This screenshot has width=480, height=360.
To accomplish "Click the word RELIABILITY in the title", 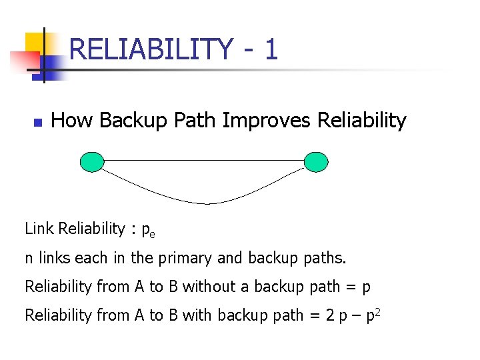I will click(151, 49).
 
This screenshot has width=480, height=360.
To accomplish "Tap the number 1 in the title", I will click(270, 49).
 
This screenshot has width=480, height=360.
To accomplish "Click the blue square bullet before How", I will click(37, 123).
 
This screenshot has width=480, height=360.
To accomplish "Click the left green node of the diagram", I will click(92, 161).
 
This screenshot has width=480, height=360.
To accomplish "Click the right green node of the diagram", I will click(315, 161).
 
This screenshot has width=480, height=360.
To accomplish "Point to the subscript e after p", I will click(152, 234).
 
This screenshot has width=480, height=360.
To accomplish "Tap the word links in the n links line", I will click(57, 257).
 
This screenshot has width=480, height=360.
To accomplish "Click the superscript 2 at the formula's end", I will click(377, 311).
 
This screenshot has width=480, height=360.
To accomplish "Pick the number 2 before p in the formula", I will click(330, 315).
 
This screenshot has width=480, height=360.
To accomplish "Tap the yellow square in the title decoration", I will click(35, 43).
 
